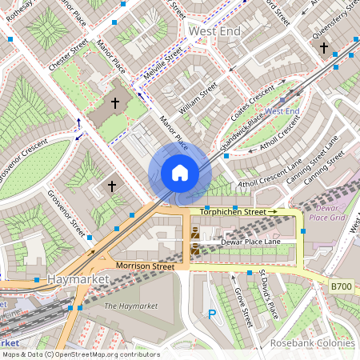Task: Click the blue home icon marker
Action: pyautogui.click(x=179, y=173)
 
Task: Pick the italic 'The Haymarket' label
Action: pyautogui.click(x=131, y=306)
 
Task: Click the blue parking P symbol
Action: pyautogui.click(x=212, y=315)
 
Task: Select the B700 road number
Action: pyautogui.click(x=342, y=285)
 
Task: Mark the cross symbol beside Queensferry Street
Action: pyautogui.click(x=324, y=47)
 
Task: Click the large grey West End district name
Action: pyautogui.click(x=214, y=30)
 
